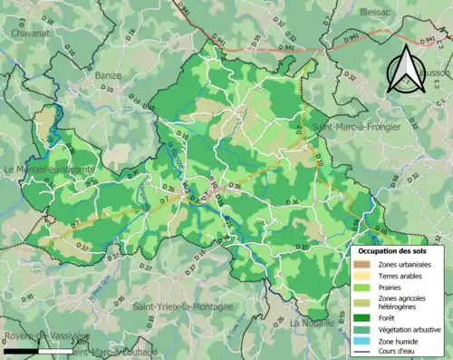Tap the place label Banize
point(108,77)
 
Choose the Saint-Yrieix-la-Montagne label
point(186,309)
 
